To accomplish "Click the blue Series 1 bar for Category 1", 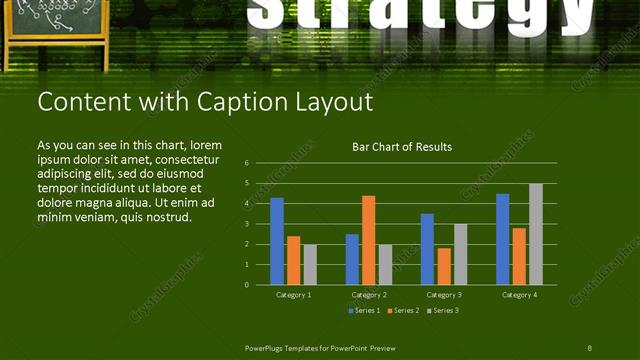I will [x=277, y=241].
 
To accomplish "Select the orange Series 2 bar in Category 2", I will [x=368, y=240].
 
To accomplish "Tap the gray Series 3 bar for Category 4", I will [x=535, y=234].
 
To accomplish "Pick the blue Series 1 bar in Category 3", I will [x=427, y=249].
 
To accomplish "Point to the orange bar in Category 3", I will [x=443, y=266].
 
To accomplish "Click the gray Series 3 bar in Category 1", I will [x=310, y=264].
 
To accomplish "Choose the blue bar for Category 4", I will [x=502, y=239].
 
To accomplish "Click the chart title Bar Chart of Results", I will [x=402, y=147].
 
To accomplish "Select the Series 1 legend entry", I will [x=364, y=311].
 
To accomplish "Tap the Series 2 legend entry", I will [x=403, y=311].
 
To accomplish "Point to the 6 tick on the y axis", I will [x=246, y=162].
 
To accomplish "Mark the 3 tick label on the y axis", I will [x=246, y=223].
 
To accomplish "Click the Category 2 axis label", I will [x=368, y=295].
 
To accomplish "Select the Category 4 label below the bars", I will [x=518, y=295].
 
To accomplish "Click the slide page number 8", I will [x=589, y=347].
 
